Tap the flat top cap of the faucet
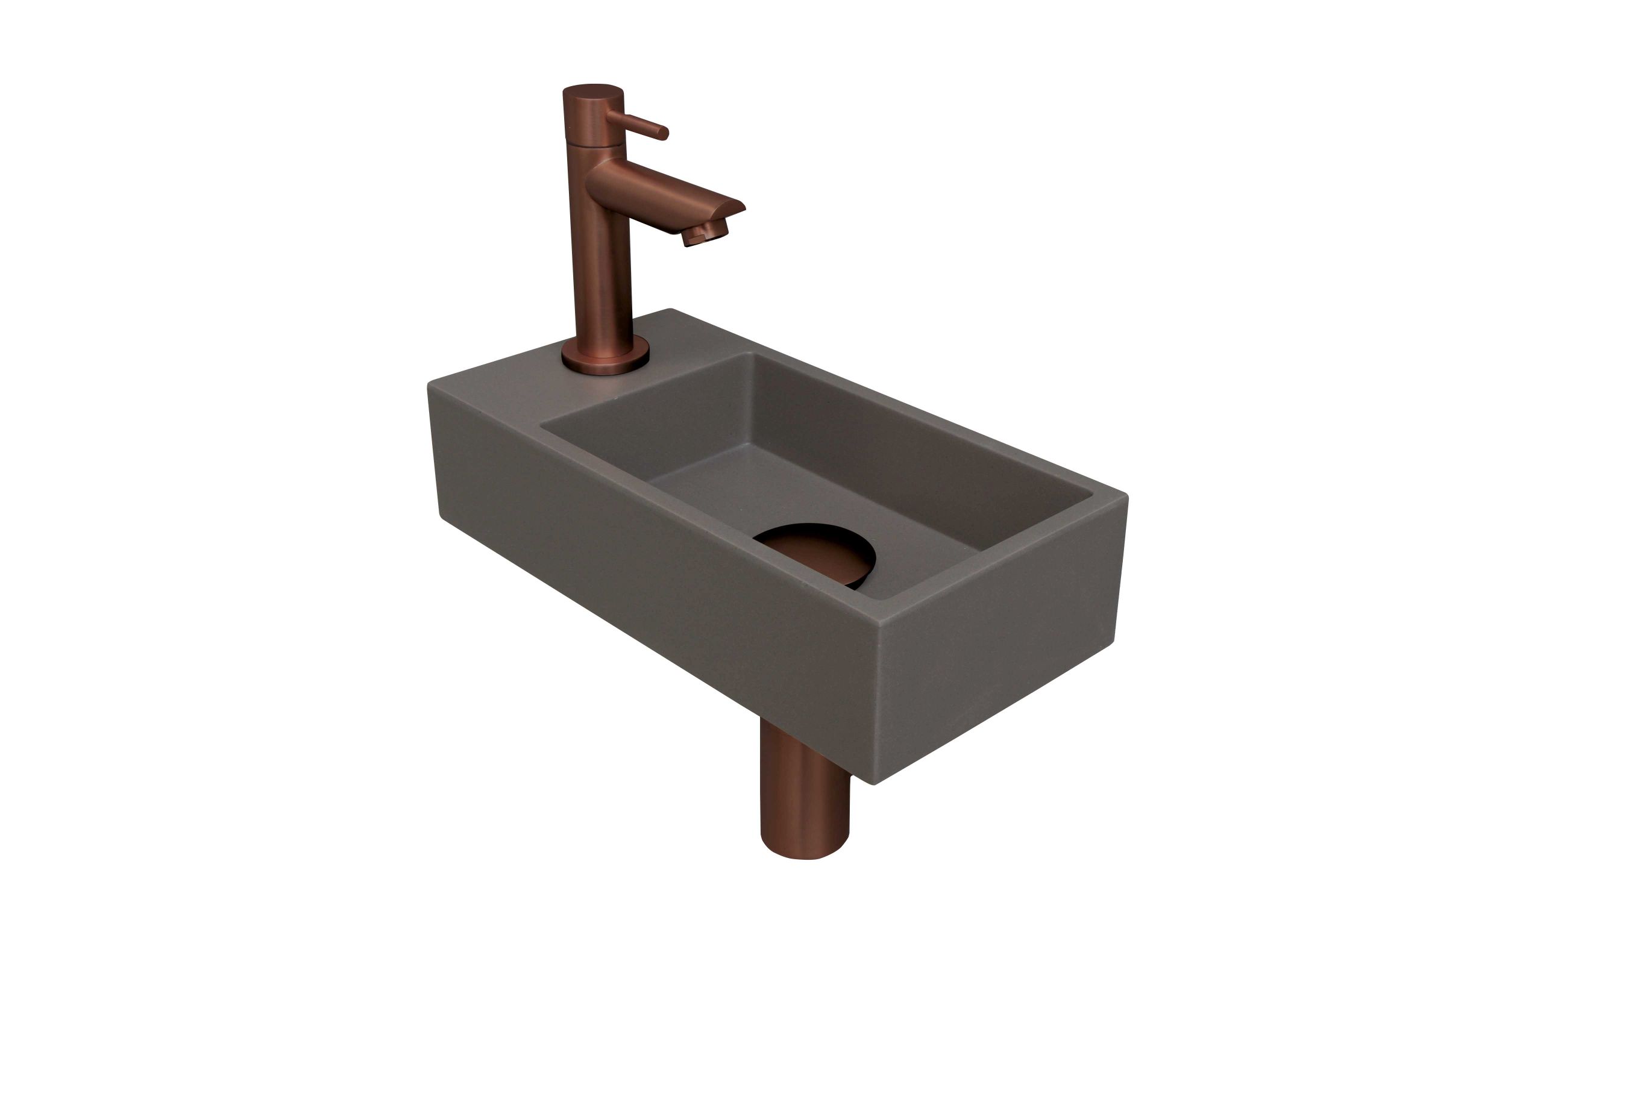click(x=592, y=91)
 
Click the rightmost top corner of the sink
click(x=1125, y=496)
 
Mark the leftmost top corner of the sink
click(x=430, y=384)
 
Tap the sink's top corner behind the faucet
click(x=671, y=310)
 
